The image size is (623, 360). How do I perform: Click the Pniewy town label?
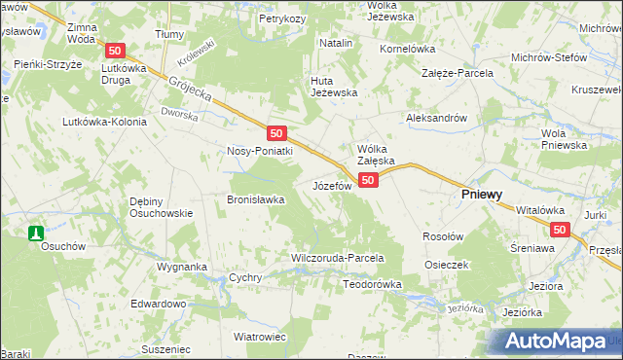[481, 195]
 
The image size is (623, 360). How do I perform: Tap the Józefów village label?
[331, 185]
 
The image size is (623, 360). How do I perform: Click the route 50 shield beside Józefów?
[368, 180]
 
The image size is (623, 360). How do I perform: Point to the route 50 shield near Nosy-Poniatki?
[277, 133]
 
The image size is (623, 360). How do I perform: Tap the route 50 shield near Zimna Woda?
[116, 51]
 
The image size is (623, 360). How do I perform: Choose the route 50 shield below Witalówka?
[559, 230]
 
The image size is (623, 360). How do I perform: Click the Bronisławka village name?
[255, 199]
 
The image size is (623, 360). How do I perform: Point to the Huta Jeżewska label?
[334, 87]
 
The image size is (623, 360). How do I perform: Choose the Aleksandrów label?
[437, 117]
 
